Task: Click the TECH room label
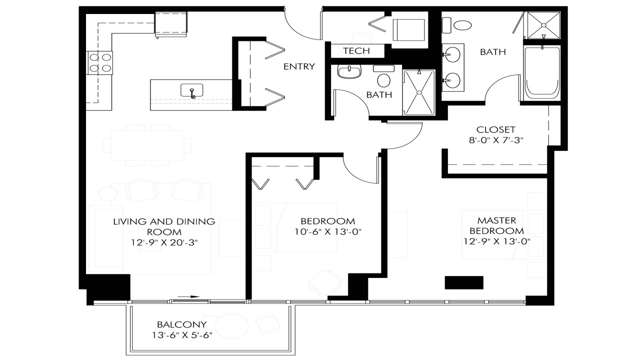[356, 51]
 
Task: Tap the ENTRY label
[298, 66]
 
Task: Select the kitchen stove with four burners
[99, 63]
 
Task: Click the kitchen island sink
[192, 91]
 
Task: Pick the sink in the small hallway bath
[349, 72]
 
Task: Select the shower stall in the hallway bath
[419, 92]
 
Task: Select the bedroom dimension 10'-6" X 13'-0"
[327, 231]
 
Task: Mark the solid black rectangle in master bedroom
[464, 282]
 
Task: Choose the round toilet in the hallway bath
[384, 80]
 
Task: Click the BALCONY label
[174, 324]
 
